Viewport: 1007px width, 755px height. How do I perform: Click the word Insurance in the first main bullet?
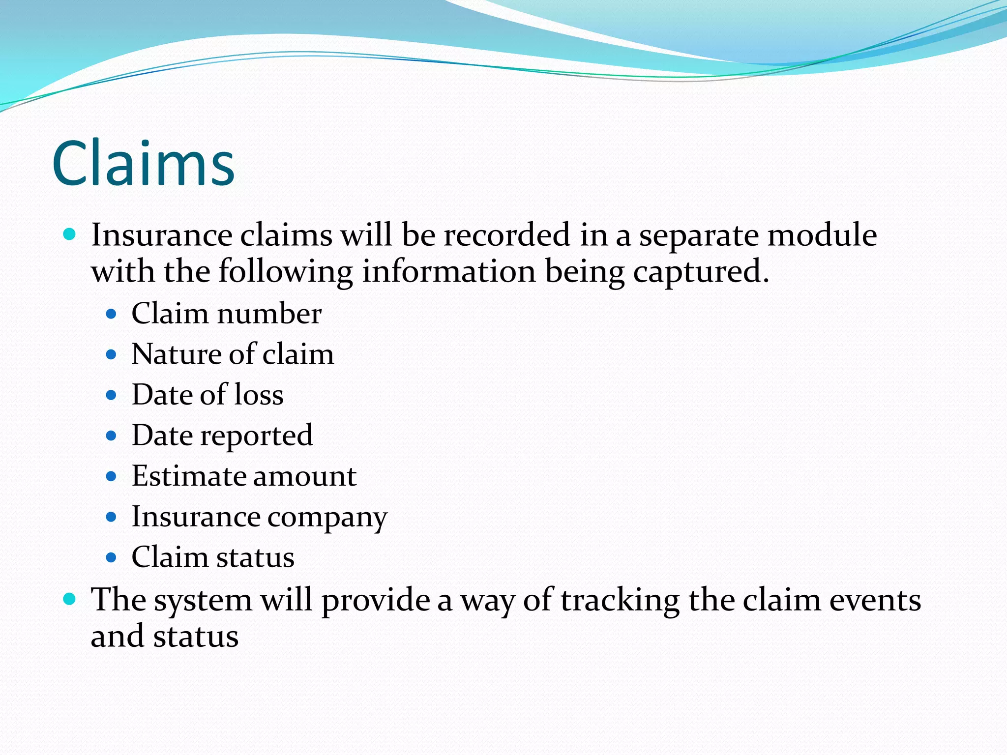[x=161, y=235]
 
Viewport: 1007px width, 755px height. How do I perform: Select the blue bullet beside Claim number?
[x=111, y=314]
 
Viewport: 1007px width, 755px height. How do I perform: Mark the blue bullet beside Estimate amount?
[x=111, y=476]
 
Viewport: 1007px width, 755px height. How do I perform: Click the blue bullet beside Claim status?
[x=111, y=557]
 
